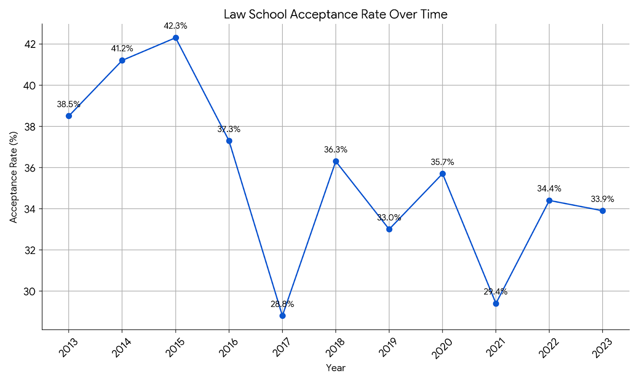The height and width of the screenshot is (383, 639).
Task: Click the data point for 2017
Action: (282, 316)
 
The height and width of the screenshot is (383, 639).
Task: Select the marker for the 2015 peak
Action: (176, 38)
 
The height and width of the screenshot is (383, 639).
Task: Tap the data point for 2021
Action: (496, 304)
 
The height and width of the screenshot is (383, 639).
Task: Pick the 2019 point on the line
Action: (389, 229)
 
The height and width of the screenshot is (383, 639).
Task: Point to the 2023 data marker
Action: (603, 211)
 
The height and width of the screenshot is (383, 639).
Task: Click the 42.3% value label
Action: (175, 26)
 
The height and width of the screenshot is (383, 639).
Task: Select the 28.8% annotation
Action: (282, 304)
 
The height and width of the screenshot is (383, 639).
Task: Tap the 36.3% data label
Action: (335, 150)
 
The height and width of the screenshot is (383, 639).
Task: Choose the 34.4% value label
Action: (549, 188)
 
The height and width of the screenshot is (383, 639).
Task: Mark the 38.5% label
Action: (69, 105)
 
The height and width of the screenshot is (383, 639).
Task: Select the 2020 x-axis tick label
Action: (442, 348)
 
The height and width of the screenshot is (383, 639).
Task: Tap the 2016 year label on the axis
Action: (228, 347)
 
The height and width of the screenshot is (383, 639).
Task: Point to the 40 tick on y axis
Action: (30, 85)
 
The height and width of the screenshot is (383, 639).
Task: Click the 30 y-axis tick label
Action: (30, 291)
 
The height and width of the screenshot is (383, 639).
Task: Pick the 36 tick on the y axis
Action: (30, 168)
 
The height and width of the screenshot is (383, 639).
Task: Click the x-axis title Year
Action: (335, 368)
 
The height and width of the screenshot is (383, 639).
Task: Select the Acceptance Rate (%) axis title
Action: (14, 177)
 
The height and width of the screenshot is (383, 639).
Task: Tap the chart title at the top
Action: (335, 14)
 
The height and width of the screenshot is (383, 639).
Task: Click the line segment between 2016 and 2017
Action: (256, 229)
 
